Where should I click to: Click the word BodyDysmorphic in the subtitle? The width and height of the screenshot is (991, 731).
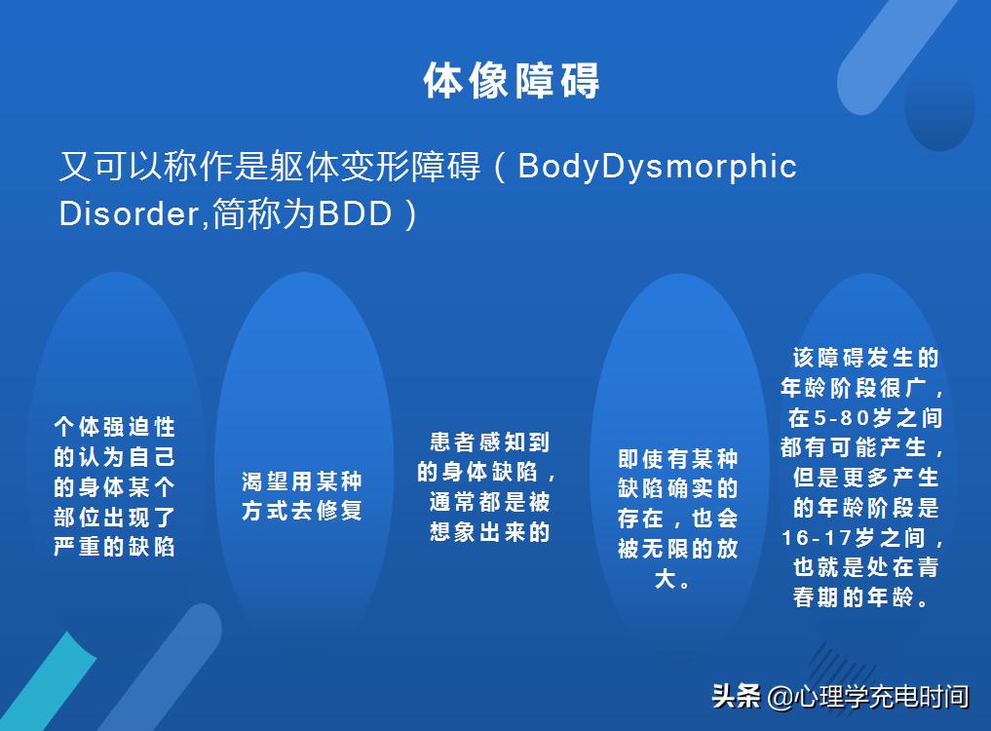(657, 167)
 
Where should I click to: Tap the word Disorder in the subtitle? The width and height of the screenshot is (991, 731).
(129, 213)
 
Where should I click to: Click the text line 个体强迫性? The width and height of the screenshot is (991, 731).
(115, 427)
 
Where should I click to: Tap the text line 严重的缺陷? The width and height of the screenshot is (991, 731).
(115, 547)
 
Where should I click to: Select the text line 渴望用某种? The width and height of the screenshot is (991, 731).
(302, 481)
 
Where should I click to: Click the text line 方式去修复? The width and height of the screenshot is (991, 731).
(302, 511)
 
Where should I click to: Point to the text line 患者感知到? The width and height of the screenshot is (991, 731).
(490, 442)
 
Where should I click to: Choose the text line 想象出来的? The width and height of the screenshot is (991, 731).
(490, 532)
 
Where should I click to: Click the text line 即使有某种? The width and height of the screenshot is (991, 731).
(678, 459)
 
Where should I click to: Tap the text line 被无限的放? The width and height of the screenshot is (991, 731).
(678, 549)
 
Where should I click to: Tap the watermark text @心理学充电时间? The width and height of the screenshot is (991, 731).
(867, 697)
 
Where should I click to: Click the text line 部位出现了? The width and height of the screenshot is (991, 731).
(115, 517)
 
